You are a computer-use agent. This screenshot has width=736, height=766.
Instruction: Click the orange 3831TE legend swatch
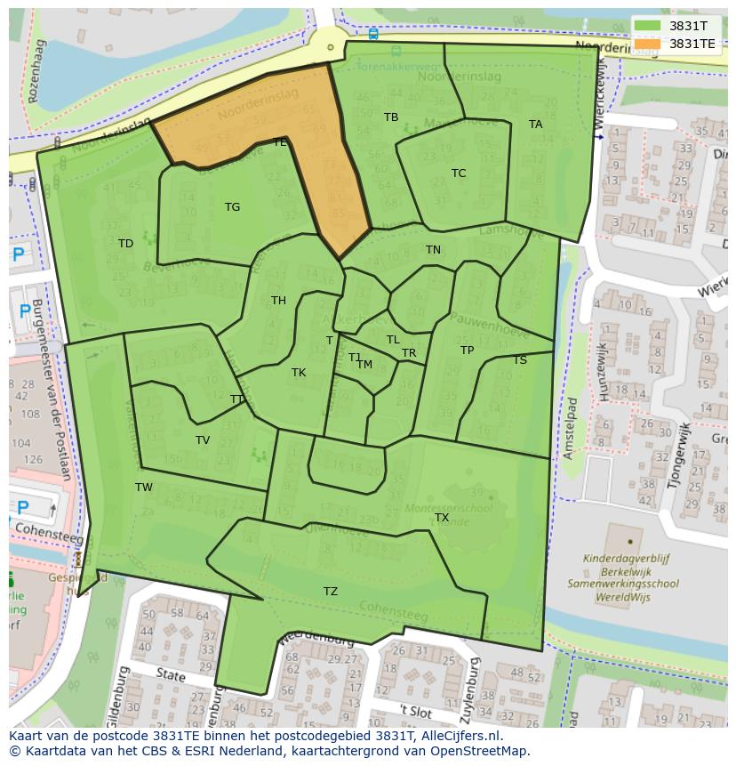tap(648, 43)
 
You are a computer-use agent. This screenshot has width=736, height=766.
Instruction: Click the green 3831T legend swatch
tap(648, 25)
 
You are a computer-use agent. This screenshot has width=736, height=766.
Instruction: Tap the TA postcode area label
tap(535, 125)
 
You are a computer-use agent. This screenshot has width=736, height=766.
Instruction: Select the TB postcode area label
tap(391, 117)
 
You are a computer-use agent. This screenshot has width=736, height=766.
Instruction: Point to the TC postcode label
tap(459, 173)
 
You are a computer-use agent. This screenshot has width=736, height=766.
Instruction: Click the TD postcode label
tap(125, 244)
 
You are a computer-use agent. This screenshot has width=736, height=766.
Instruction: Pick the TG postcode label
tap(232, 207)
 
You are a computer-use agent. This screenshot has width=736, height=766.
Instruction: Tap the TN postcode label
tap(433, 250)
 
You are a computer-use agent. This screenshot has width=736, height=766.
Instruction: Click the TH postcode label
tap(278, 301)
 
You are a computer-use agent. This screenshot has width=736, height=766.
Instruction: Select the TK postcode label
tap(299, 373)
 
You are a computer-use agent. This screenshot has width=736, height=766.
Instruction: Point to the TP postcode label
tap(467, 351)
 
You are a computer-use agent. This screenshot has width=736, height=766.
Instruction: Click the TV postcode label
tap(203, 440)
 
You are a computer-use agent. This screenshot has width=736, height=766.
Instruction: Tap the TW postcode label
tap(144, 488)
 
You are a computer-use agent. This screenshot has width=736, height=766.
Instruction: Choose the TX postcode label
tap(442, 518)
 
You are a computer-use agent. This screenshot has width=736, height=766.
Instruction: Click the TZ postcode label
tap(331, 592)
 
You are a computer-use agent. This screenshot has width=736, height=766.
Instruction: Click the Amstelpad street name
tap(571, 428)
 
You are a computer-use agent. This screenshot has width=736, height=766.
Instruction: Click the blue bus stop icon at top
tap(372, 34)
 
